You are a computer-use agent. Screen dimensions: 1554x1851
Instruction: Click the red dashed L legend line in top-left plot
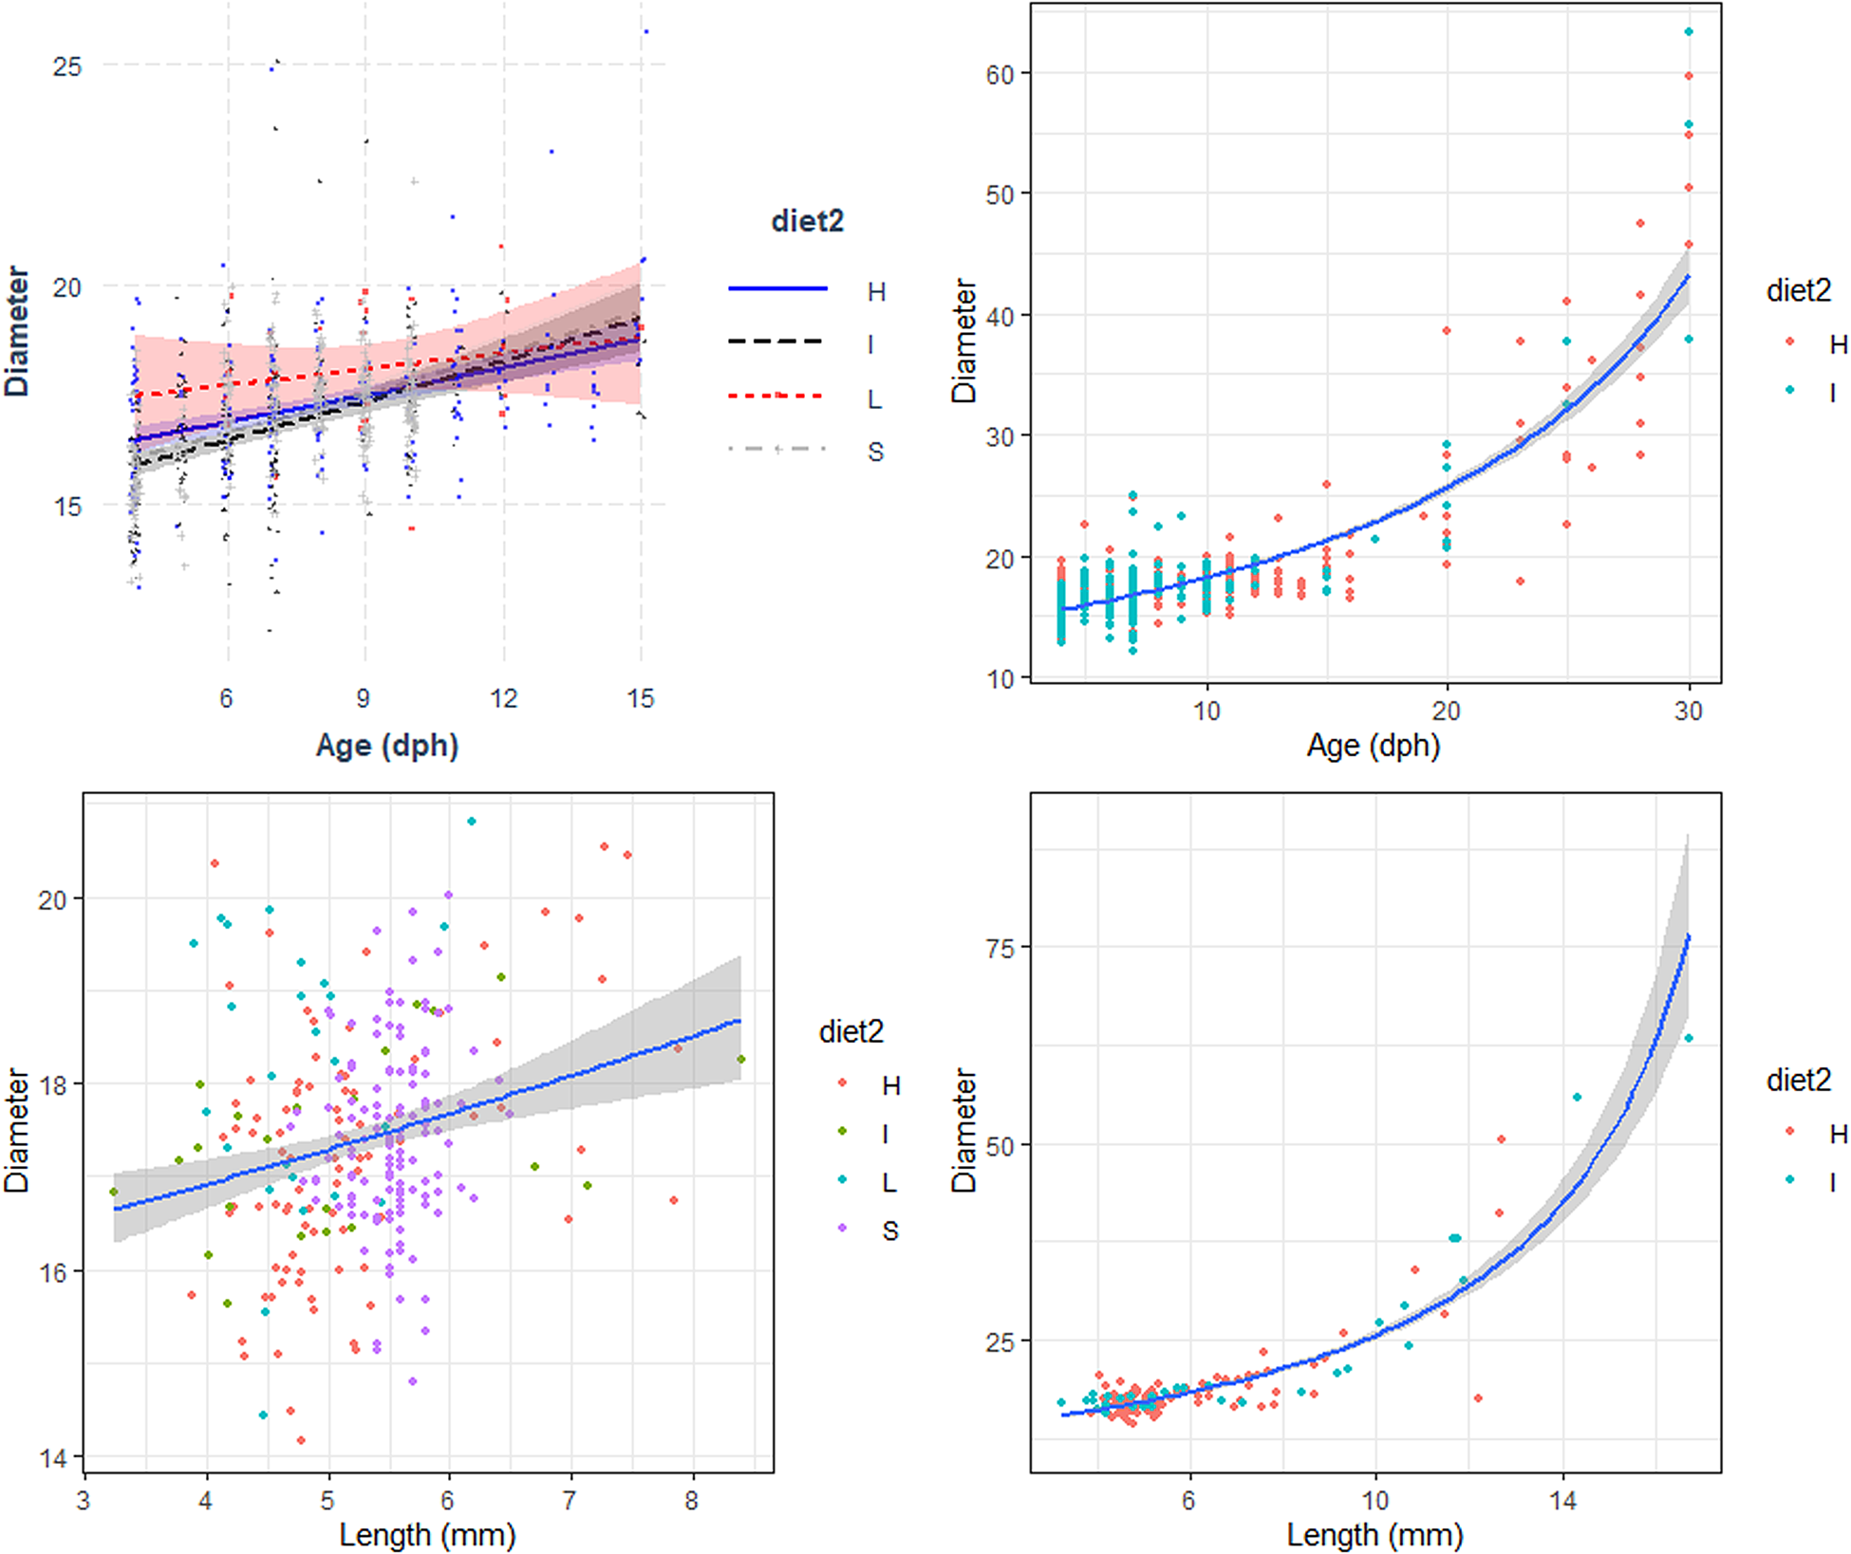point(776,395)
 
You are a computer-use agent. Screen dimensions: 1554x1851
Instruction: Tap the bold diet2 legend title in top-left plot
point(807,221)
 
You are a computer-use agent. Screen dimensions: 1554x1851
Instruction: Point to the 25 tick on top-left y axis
point(66,66)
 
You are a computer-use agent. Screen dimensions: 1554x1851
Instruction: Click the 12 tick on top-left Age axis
point(503,698)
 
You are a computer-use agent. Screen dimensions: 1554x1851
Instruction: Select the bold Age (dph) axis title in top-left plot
point(386,746)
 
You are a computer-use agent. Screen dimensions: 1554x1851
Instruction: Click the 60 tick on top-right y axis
point(1000,74)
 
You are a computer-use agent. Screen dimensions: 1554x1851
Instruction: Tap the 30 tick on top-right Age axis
point(1688,711)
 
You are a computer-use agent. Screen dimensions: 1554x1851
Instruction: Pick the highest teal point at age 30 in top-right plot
point(1689,32)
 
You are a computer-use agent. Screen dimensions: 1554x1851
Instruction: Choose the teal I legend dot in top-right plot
point(1790,390)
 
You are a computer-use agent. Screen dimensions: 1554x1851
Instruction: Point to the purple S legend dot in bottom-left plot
point(842,1229)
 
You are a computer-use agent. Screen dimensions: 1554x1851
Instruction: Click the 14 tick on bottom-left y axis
point(53,1457)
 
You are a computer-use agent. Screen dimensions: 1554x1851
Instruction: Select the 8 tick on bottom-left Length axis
point(692,1501)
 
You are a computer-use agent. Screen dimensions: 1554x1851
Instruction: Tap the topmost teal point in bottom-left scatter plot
point(472,822)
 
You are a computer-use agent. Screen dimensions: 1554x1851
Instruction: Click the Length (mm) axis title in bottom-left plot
point(427,1534)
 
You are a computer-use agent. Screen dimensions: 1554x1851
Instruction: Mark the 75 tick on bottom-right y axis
point(1000,947)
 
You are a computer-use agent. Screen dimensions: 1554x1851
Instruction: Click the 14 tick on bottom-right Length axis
point(1562,1501)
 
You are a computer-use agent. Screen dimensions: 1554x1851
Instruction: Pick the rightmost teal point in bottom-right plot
point(1689,1038)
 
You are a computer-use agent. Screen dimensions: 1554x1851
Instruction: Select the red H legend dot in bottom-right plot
point(1790,1130)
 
